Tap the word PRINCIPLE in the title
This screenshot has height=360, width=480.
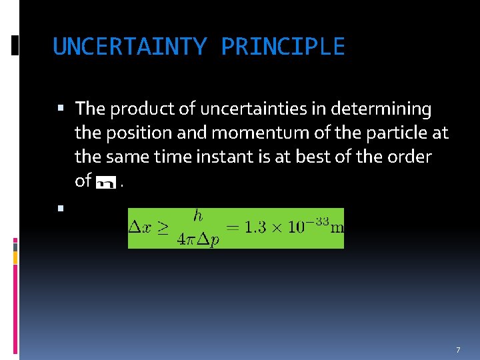[283, 47]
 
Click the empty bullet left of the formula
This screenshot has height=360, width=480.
[61, 209]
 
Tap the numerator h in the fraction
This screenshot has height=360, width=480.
[198, 217]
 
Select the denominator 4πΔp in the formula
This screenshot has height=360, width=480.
[198, 240]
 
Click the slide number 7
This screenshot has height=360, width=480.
[458, 350]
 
